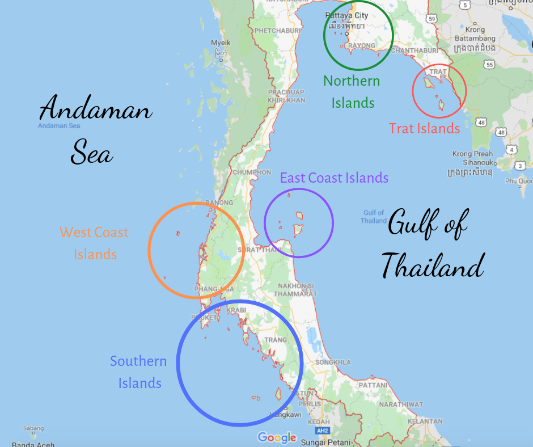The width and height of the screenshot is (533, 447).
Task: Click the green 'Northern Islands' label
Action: tap(352, 91)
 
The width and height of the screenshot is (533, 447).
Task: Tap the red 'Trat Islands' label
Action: tap(424, 128)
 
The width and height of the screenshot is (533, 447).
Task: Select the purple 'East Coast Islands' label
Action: tap(334, 178)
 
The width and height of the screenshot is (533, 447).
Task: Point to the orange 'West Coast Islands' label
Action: tap(94, 243)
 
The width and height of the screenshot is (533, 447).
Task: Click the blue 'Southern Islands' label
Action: tap(139, 372)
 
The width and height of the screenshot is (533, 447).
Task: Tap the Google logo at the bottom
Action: tap(277, 437)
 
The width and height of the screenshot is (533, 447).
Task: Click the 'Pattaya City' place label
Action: tap(345, 15)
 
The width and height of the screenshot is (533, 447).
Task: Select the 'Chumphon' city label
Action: tap(251, 172)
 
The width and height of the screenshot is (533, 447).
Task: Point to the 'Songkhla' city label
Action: tap(333, 362)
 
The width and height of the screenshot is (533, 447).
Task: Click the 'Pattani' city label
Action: tap(374, 385)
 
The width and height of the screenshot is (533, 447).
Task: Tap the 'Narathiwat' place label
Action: tap(401, 404)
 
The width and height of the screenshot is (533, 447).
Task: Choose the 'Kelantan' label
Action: tap(425, 421)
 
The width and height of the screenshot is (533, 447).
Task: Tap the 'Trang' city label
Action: tap(280, 340)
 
